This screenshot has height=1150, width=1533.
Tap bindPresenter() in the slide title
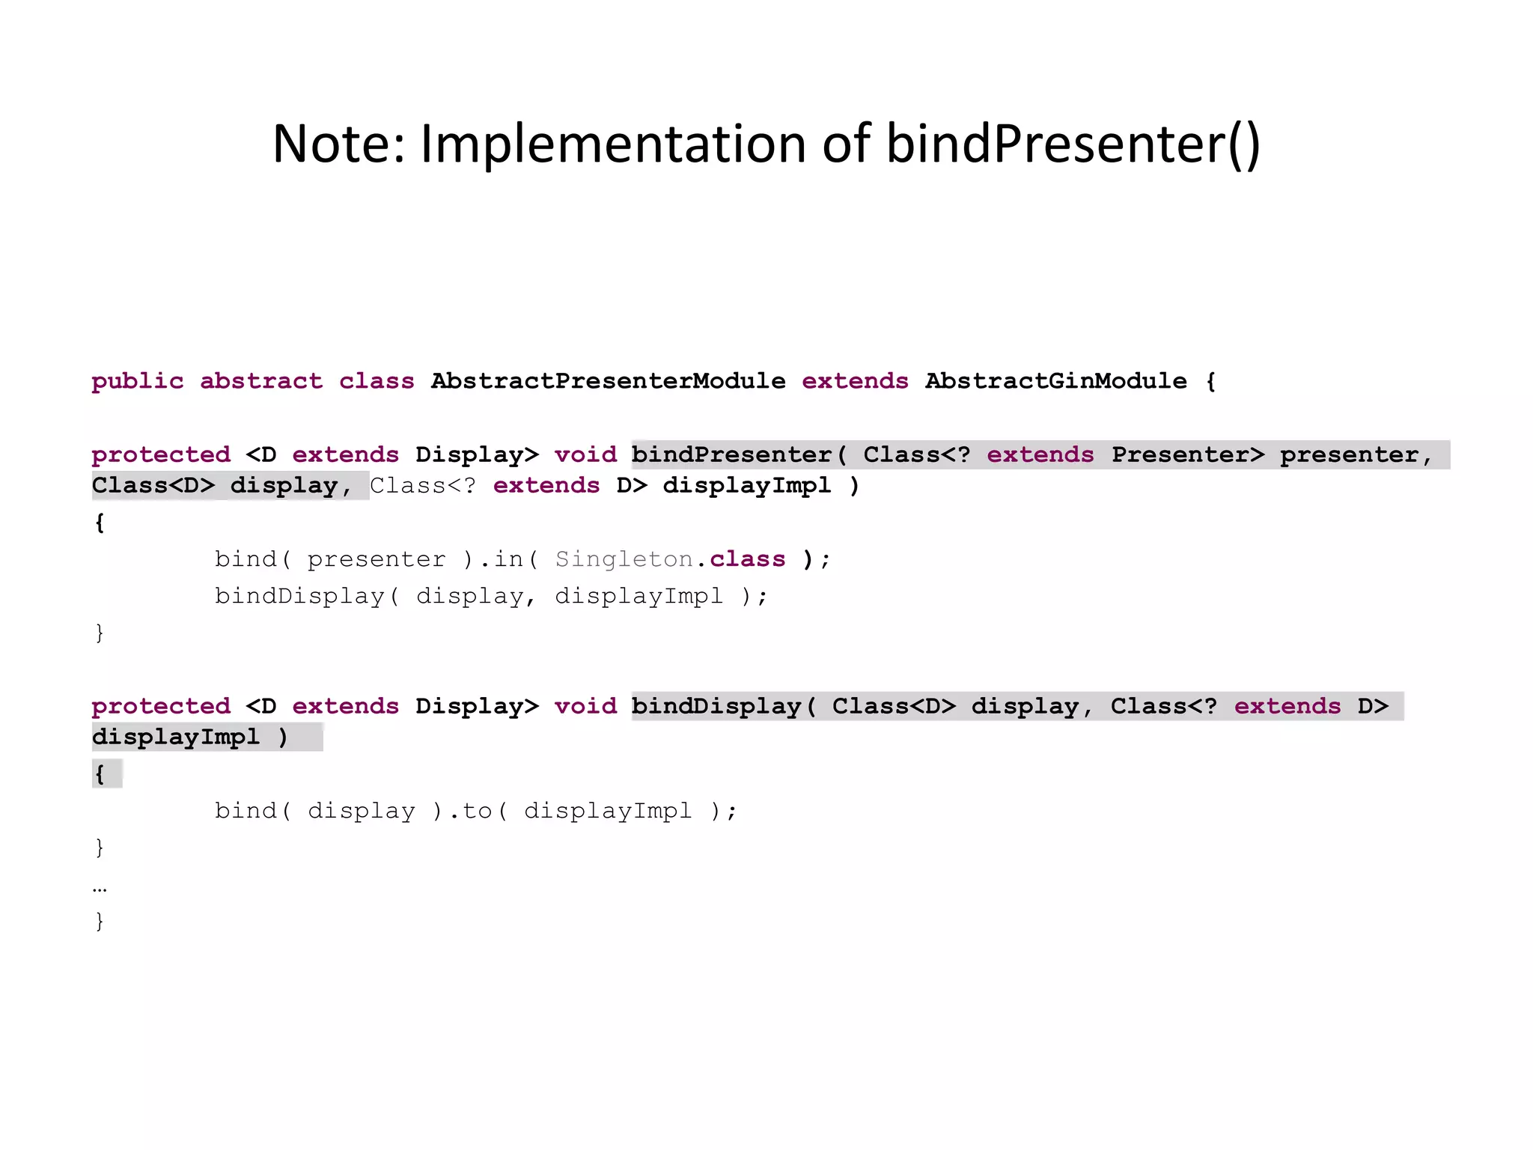(1073, 144)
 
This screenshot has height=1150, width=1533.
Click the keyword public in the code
(137, 381)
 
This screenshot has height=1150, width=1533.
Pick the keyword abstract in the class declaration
(261, 381)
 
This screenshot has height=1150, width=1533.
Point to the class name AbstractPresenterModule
(608, 381)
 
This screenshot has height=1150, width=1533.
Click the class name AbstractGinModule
(1055, 381)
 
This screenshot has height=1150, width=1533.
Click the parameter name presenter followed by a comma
(1355, 454)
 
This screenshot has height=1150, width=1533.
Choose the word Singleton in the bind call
(624, 559)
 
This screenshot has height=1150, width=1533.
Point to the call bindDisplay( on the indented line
(307, 596)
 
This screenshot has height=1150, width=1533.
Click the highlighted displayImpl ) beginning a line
(189, 737)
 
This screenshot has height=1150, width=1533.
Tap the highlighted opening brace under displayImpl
(100, 773)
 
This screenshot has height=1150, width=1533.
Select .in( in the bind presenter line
(508, 559)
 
